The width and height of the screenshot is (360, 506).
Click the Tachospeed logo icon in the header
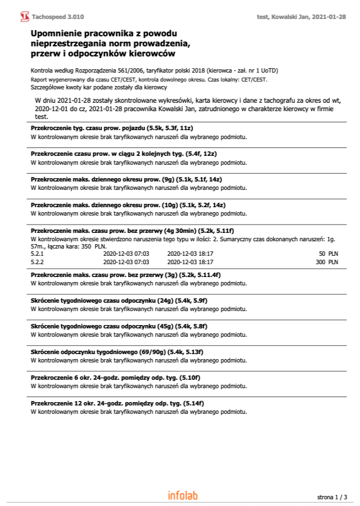coord(25,17)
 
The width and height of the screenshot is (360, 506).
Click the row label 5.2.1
coord(36,253)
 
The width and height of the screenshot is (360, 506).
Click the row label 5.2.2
coord(36,261)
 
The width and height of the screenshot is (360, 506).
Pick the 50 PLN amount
coord(328,253)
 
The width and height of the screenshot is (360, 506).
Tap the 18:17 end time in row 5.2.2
coord(207,261)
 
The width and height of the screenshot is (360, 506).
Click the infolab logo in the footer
coord(183,495)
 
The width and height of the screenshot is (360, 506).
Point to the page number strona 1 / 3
coord(332,497)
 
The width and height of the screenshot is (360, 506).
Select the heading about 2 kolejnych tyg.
coord(123,154)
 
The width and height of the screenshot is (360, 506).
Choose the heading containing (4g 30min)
coord(132,231)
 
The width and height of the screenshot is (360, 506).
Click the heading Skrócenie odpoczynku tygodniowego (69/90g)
coord(117,352)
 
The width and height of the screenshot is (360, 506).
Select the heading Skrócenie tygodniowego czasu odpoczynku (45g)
coord(119,326)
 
